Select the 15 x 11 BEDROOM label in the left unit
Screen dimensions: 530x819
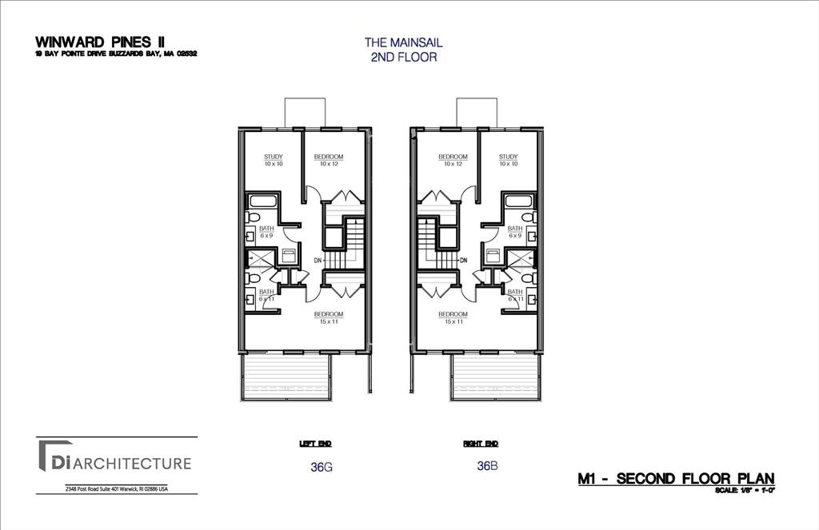[x=328, y=317]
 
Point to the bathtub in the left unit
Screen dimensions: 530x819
[x=261, y=200]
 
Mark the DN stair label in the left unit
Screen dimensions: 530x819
[x=318, y=261]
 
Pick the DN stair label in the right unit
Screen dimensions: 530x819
[x=463, y=261]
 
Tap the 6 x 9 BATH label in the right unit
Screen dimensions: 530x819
[x=515, y=232]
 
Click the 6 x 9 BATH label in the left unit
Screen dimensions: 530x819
[x=266, y=232]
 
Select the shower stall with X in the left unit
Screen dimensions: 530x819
[x=260, y=257]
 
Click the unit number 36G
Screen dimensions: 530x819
[x=320, y=467]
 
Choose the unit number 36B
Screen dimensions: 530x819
[x=487, y=466]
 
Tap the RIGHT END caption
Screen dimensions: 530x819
[x=480, y=443]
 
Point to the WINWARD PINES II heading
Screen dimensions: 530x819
[x=100, y=42]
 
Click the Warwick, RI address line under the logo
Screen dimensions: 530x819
[x=116, y=489]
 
